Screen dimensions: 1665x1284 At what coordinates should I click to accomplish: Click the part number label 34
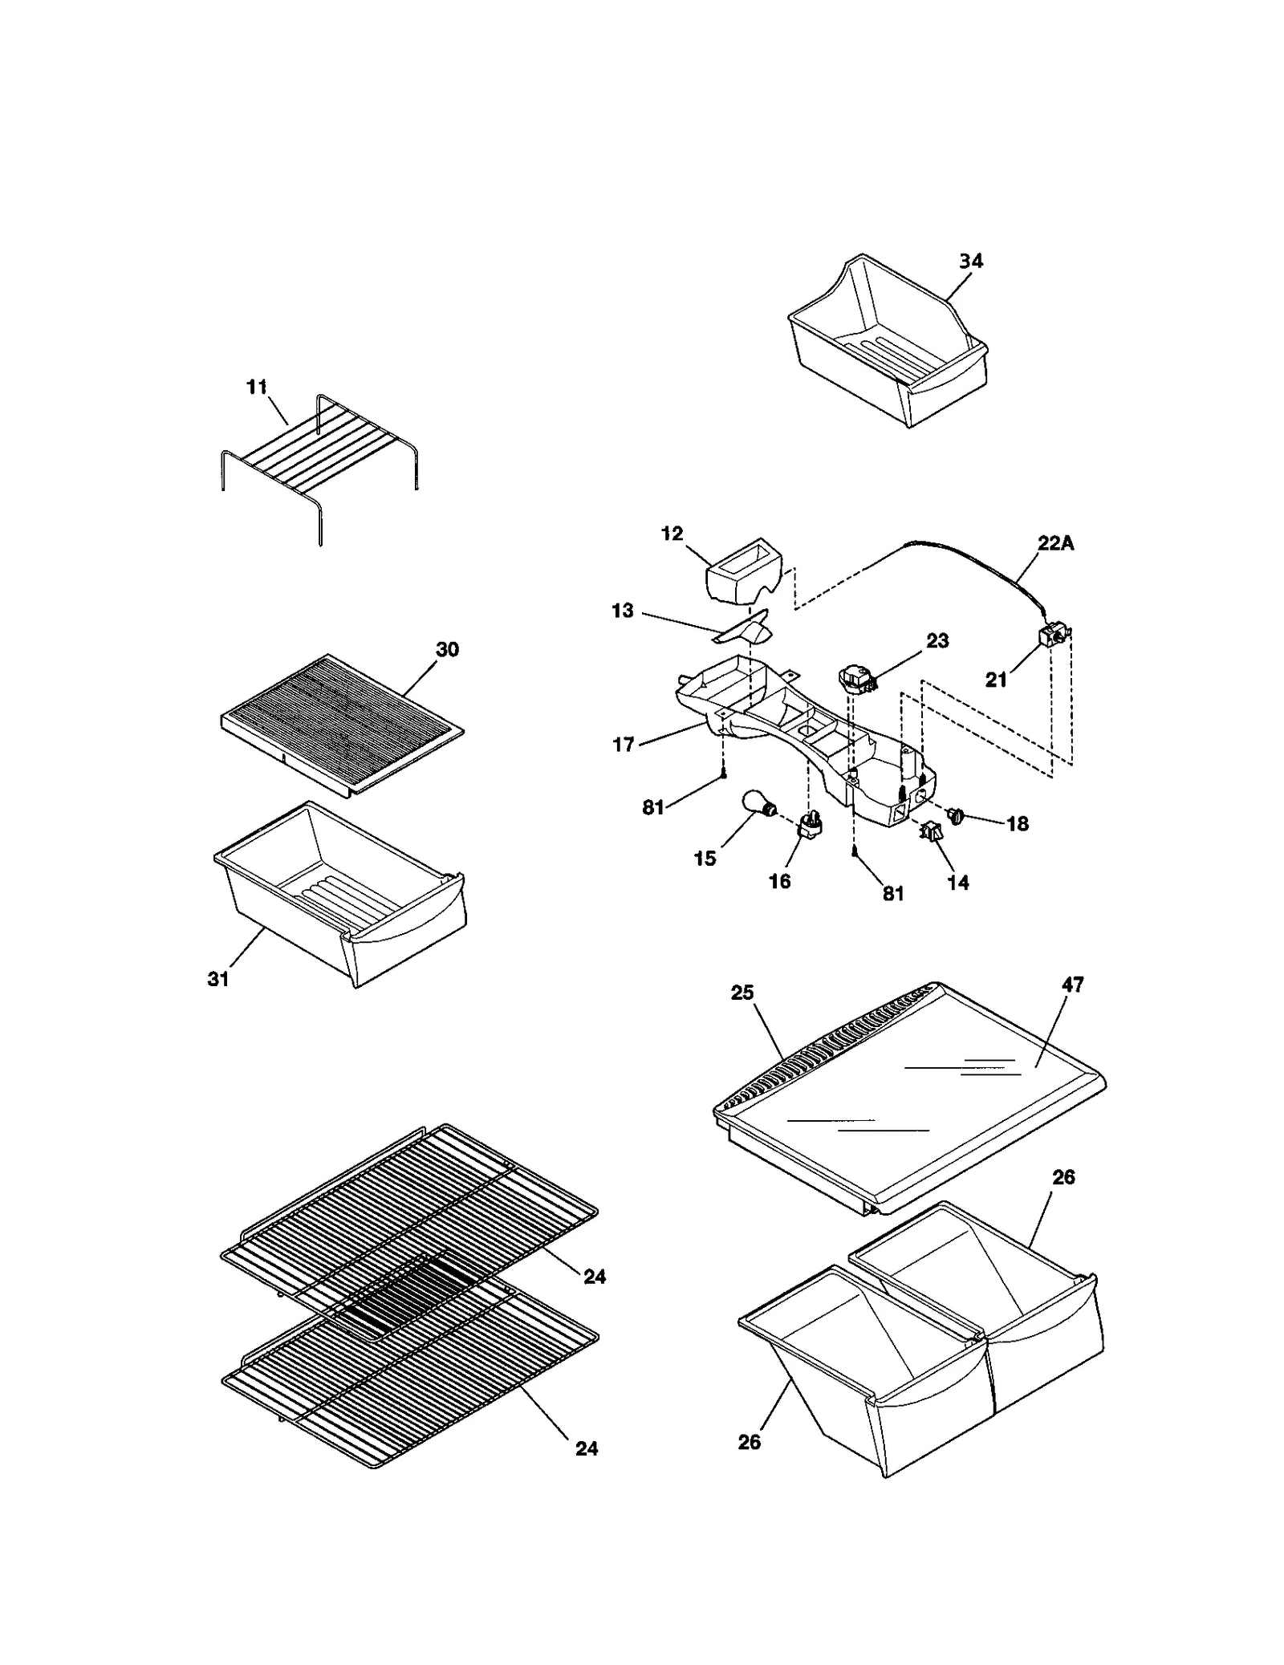(x=970, y=261)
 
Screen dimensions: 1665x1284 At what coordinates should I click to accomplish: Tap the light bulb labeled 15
(x=758, y=803)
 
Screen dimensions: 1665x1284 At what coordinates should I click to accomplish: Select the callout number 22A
(x=1055, y=543)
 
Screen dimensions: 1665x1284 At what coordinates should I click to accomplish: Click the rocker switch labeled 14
(x=932, y=833)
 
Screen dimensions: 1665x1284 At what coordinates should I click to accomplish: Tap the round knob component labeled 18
(x=957, y=815)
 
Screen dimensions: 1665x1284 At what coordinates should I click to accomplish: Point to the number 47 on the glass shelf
(x=1073, y=985)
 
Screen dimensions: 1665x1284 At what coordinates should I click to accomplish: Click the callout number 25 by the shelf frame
(x=742, y=993)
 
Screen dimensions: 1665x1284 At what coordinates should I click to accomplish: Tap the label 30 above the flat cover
(x=447, y=649)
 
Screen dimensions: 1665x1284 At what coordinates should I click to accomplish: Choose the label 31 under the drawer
(x=218, y=978)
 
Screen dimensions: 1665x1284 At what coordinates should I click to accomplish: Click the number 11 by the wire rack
(x=256, y=388)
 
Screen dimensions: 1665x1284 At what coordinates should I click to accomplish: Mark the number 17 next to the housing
(x=624, y=745)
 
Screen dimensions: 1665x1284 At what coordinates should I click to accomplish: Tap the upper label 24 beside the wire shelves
(x=595, y=1276)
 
